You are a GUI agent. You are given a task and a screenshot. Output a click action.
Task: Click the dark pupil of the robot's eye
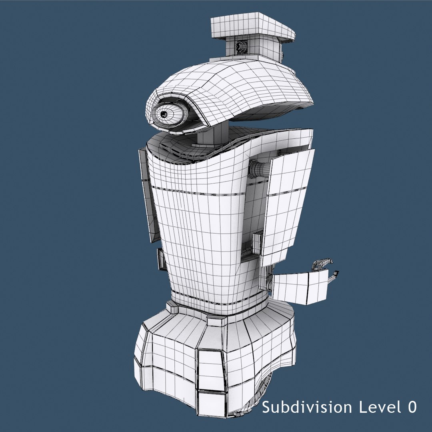[x=164, y=114]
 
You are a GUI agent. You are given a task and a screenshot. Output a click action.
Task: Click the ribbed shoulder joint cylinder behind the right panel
[x=259, y=168]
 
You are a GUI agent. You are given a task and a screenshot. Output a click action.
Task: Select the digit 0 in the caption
[x=412, y=407]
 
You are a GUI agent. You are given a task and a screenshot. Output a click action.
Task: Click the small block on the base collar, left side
[x=172, y=307]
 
